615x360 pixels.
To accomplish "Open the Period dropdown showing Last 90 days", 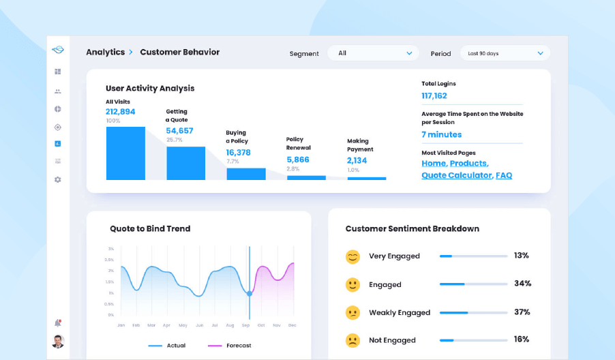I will pyautogui.click(x=505, y=53).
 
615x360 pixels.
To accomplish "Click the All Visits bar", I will pyautogui.click(x=125, y=153).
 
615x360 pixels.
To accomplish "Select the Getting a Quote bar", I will pyautogui.click(x=185, y=163).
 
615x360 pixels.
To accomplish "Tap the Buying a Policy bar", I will pyautogui.click(x=245, y=174).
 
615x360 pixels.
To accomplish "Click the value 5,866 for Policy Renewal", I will pyautogui.click(x=298, y=160).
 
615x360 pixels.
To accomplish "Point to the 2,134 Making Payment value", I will pyautogui.click(x=357, y=160).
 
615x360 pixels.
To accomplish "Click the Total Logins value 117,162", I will pyautogui.click(x=434, y=96).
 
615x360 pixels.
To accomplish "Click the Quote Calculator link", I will pyautogui.click(x=456, y=175).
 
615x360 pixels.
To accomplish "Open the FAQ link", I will pyautogui.click(x=504, y=175).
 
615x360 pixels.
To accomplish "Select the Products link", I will pyautogui.click(x=469, y=164).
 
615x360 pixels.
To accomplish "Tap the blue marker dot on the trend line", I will pyautogui.click(x=250, y=293).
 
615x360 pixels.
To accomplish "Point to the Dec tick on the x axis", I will pyautogui.click(x=292, y=325).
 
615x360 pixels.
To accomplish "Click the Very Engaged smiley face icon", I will pyautogui.click(x=352, y=256).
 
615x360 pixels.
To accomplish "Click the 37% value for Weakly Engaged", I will pyautogui.click(x=522, y=312).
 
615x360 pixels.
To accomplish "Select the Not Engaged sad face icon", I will pyautogui.click(x=352, y=340).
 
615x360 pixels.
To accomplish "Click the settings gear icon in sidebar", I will pyautogui.click(x=58, y=179).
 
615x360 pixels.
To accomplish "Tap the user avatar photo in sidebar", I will pyautogui.click(x=58, y=341).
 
